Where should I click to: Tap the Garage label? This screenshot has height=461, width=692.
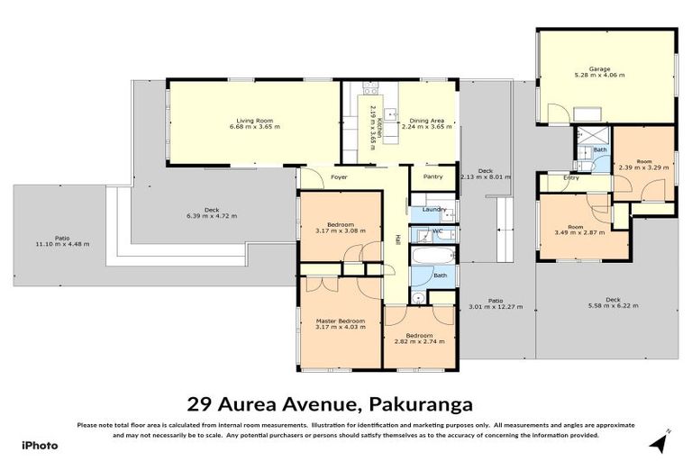coord(600,68)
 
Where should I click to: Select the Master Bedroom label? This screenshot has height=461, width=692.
coord(340,321)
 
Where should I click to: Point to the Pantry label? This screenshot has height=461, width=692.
coord(432,177)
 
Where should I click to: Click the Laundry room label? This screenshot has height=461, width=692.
coord(434,210)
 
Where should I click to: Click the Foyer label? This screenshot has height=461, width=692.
coord(339,177)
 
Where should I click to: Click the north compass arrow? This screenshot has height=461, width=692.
coord(660,441)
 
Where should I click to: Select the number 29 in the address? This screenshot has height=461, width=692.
coord(200,404)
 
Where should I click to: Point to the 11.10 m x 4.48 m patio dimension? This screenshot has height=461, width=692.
coord(62,244)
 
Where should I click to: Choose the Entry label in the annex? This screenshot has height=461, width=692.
coord(571,177)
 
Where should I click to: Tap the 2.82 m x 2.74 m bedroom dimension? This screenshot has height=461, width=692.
coord(421,342)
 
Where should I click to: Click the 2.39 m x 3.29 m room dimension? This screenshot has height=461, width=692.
coord(642,167)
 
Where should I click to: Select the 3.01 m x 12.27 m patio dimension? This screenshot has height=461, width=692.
coord(496,306)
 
